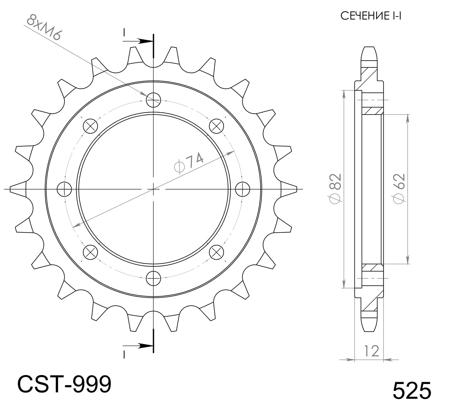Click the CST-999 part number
[x=64, y=384]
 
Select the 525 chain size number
[x=411, y=390]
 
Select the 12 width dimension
[x=371, y=351]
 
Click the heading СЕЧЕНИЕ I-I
[x=370, y=16]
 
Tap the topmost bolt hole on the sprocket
[x=153, y=100]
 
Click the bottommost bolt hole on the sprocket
[x=153, y=278]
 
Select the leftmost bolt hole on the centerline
[x=64, y=189]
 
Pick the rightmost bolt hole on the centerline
[x=243, y=189]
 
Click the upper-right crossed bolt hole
[x=216, y=126]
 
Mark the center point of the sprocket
[x=153, y=189]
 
